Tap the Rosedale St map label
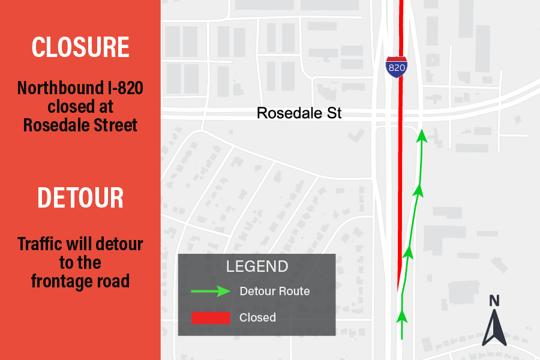[x=299, y=113]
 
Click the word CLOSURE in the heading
[x=80, y=47]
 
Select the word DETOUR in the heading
[x=80, y=197]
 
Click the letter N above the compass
[x=494, y=301]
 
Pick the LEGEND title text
[x=257, y=266]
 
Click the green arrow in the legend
[x=211, y=292]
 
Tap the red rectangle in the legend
[x=211, y=317]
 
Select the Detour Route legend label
[x=274, y=292]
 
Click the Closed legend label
[x=257, y=317]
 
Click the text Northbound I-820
[x=80, y=89]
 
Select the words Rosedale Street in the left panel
[x=80, y=125]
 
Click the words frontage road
[x=80, y=281]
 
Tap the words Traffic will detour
[x=80, y=245]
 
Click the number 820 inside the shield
[x=397, y=68]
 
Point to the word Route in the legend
[x=294, y=292]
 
